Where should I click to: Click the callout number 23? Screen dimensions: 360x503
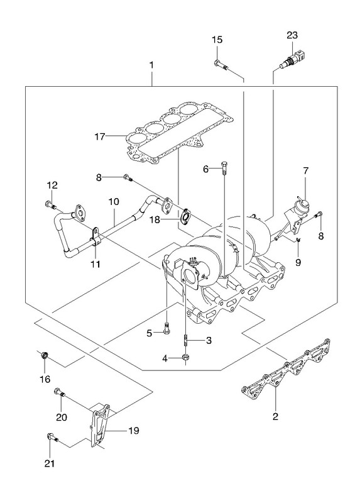(x=292, y=35)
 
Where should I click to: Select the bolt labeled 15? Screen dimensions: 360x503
(x=221, y=64)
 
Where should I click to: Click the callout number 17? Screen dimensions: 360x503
(x=100, y=136)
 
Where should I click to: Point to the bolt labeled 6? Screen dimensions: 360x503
(x=225, y=168)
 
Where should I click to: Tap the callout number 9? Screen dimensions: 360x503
(x=298, y=263)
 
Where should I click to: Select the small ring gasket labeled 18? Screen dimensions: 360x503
(x=185, y=216)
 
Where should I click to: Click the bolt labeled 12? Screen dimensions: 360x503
(x=51, y=204)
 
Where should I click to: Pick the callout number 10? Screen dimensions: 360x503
(x=114, y=202)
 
